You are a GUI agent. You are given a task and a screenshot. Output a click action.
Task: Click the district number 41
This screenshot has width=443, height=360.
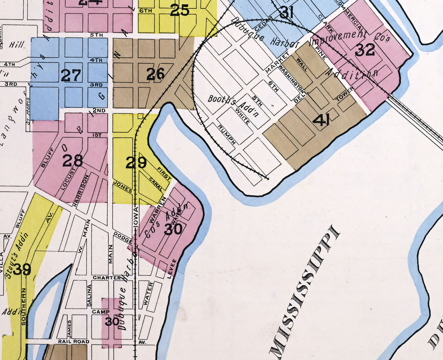click(321, 120)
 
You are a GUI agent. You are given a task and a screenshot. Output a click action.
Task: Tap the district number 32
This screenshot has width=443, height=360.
click(365, 50)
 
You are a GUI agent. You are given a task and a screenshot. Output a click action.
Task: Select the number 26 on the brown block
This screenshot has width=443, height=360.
click(156, 74)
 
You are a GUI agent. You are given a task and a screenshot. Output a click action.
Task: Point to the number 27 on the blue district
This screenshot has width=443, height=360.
click(71, 76)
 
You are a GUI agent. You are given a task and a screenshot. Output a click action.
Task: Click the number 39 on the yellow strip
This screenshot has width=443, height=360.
click(22, 269)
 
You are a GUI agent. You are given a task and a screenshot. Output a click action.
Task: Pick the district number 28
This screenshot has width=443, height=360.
click(73, 160)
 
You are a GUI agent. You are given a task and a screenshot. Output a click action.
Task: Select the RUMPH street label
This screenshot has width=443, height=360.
click(227, 134)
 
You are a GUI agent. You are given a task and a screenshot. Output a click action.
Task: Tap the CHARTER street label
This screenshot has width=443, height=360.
click(107, 278)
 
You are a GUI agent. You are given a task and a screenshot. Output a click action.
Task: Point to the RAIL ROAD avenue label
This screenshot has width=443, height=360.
click(73, 342)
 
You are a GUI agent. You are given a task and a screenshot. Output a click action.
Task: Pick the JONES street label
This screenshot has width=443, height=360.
click(123, 186)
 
